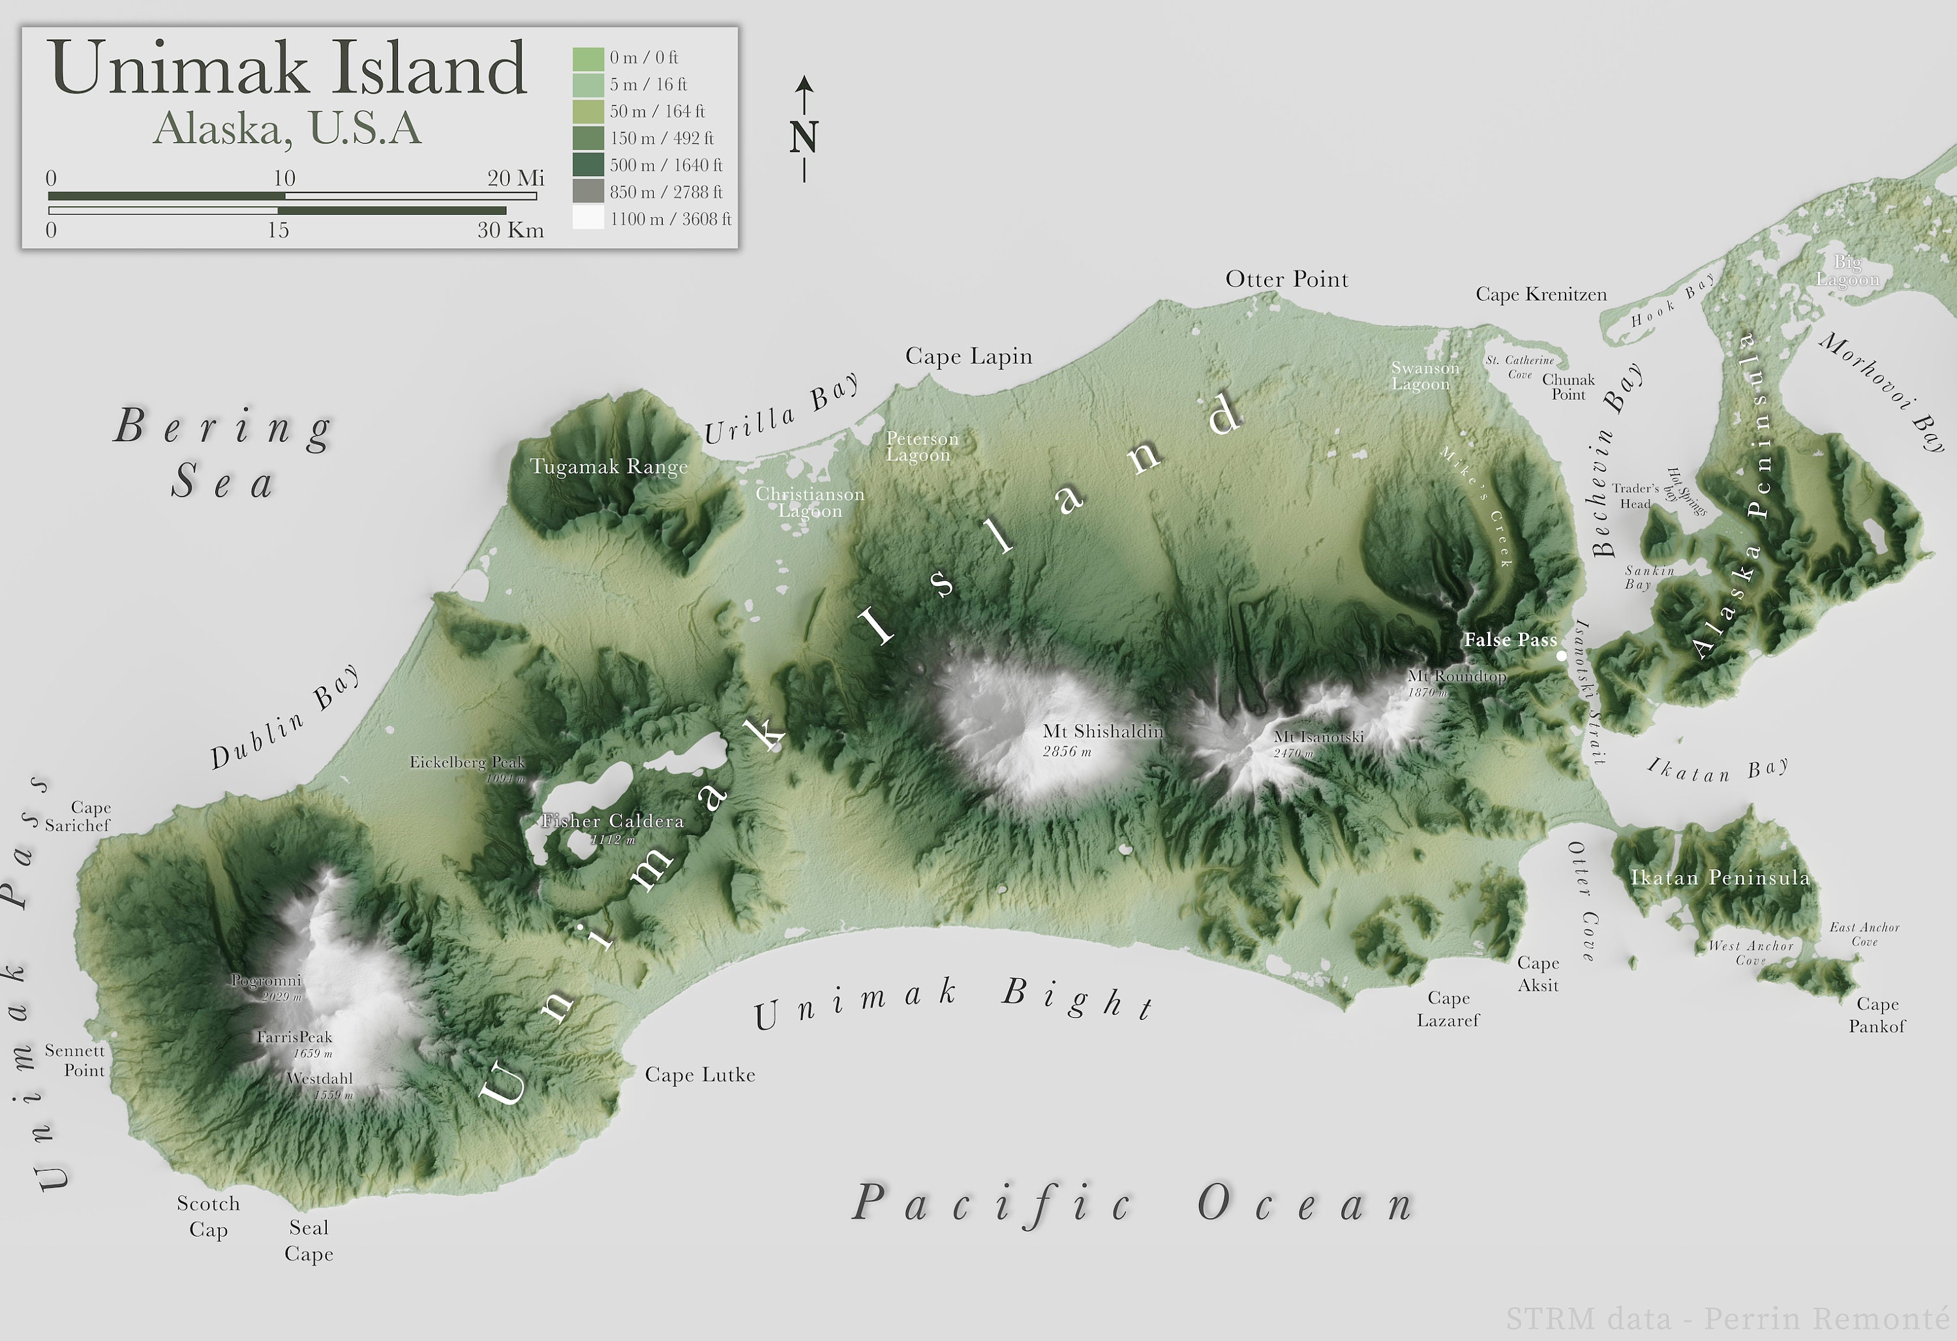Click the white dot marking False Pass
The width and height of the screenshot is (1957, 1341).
(1561, 655)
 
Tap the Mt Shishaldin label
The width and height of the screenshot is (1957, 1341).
(1102, 731)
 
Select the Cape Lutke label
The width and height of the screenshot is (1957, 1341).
(700, 1075)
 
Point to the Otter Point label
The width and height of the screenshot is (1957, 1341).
(1286, 280)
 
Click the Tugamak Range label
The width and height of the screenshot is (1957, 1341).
(609, 467)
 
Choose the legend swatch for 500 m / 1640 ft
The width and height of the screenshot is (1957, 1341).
(588, 165)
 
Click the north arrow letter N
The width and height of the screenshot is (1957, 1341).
(804, 137)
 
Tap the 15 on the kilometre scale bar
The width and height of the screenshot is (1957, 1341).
(278, 230)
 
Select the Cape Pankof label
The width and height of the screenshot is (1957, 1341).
(1877, 1015)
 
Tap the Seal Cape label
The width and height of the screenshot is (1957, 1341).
(309, 1240)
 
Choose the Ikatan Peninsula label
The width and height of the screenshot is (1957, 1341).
(1720, 878)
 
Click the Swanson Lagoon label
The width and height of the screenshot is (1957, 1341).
(1424, 376)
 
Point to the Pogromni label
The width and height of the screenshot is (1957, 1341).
(266, 981)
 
